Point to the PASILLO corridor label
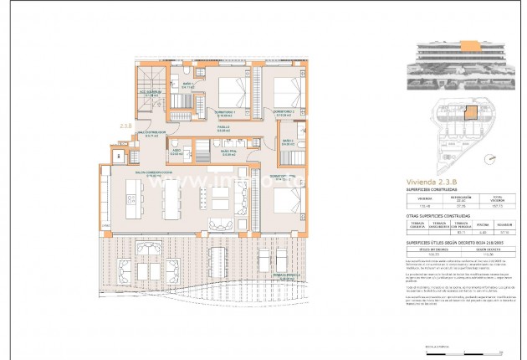click(224, 128)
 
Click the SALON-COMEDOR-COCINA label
click(148, 175)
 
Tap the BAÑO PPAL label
click(229, 152)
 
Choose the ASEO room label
click(177, 152)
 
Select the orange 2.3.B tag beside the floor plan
click(126, 127)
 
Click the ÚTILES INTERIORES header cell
click(432, 249)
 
